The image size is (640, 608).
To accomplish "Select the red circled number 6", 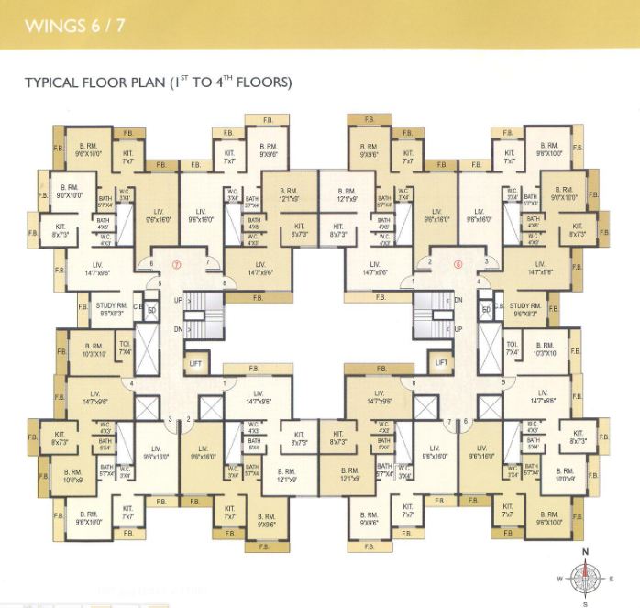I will click(x=458, y=265).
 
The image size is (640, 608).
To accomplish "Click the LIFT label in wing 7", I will click(x=196, y=363).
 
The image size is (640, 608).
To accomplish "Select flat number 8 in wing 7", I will click(x=224, y=283).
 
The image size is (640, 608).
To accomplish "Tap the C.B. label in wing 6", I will click(x=499, y=306).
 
